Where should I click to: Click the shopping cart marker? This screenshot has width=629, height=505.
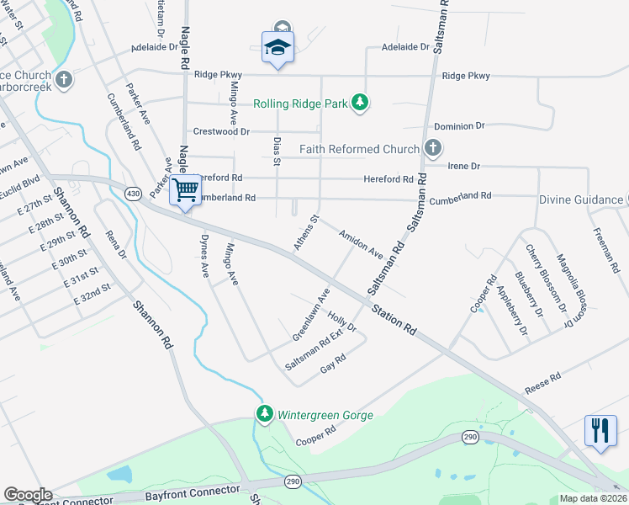[185, 189]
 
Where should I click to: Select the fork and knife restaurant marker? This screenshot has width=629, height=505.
[600, 430]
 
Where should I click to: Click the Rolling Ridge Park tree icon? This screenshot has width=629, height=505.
[361, 103]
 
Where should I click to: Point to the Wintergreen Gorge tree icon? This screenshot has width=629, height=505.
[265, 413]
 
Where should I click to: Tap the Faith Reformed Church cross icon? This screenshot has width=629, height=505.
[433, 149]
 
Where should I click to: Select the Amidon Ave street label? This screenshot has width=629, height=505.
[361, 245]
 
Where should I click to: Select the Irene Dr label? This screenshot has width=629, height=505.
[463, 166]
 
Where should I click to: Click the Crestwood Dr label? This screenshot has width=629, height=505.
[222, 131]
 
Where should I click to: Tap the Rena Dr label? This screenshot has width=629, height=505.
[115, 243]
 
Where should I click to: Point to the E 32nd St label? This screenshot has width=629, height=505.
[92, 294]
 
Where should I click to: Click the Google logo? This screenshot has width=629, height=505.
[28, 495]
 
